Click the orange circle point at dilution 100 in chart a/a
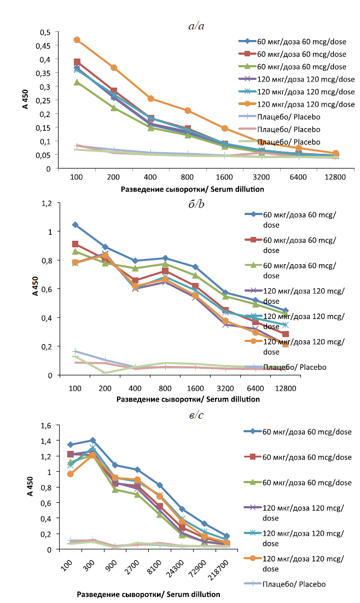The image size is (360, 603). (77, 40)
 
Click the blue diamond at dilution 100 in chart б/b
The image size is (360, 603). (76, 225)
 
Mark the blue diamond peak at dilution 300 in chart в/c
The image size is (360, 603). (93, 440)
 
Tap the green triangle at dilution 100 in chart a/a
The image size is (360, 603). (77, 82)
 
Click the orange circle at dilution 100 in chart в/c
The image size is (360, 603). (71, 473)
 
